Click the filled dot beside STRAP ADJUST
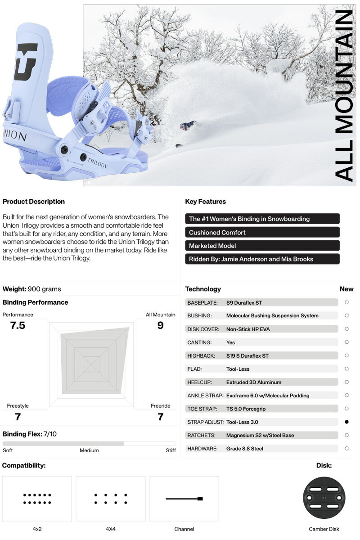pyautogui.click(x=346, y=422)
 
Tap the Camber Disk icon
pyautogui.click(x=324, y=498)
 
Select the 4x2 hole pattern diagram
pyautogui.click(x=37, y=498)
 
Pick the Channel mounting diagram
pyautogui.click(x=184, y=499)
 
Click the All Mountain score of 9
pyautogui.click(x=160, y=325)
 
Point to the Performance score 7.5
pyautogui.click(x=18, y=325)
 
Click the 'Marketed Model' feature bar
pyautogui.click(x=262, y=246)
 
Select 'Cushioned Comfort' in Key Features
pyautogui.click(x=262, y=232)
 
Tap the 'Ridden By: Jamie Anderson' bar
pyautogui.click(x=262, y=259)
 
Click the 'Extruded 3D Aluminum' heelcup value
pyautogui.click(x=254, y=382)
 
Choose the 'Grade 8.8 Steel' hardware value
pyautogui.click(x=245, y=449)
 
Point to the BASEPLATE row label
pyautogui.click(x=202, y=302)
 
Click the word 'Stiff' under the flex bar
pyautogui.click(x=171, y=450)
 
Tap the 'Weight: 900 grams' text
pyautogui.click(x=31, y=289)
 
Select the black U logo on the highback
pyautogui.click(x=26, y=61)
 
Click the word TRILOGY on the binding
pyautogui.click(x=97, y=162)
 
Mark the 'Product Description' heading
pyautogui.click(x=34, y=202)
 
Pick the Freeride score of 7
pyautogui.click(x=160, y=417)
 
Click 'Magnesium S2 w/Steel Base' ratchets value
pyautogui.click(x=260, y=435)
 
